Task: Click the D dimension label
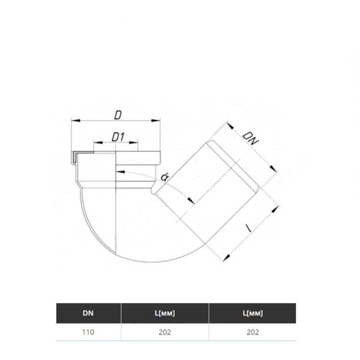[118, 115]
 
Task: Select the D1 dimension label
[118, 137]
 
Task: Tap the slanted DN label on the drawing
[251, 138]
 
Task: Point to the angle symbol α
[164, 177]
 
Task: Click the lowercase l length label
[249, 228]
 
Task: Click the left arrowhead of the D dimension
[75, 120]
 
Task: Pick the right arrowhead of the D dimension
[156, 120]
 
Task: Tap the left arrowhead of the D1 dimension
[98, 143]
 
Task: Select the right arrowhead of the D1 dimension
[133, 143]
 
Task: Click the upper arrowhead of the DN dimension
[230, 126]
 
